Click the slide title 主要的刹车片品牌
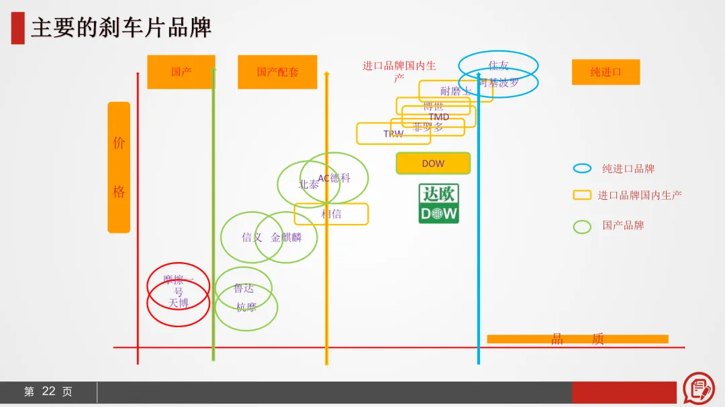[122, 28]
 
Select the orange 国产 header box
[181, 72]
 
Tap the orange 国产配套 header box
[277, 72]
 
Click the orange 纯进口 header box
[606, 72]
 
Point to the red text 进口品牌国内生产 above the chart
[399, 66]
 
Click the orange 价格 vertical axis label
[119, 167]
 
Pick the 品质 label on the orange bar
[577, 339]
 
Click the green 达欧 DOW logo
[438, 204]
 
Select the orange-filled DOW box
[433, 164]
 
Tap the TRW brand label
[393, 134]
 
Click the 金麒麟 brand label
[287, 237]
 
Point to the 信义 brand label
[252, 237]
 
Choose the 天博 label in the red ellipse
[179, 304]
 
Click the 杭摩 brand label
[246, 308]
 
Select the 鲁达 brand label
[244, 288]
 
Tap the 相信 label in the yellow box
[331, 214]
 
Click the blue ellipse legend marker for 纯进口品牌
[582, 168]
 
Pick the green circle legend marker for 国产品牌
[582, 227]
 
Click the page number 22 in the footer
[48, 392]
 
